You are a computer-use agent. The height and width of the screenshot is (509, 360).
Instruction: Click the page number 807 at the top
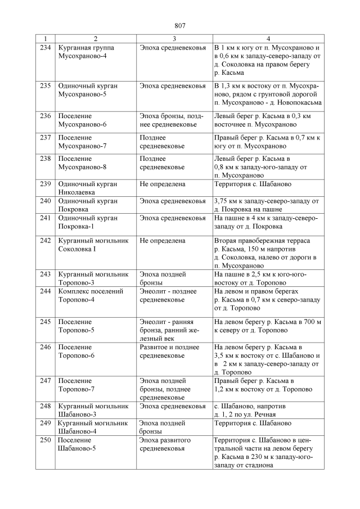point(180,26)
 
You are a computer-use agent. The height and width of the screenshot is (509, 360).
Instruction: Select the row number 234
point(46,48)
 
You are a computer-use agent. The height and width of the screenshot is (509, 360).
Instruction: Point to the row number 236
point(46,115)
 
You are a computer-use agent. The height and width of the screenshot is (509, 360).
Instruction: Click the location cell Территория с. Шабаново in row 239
point(253,184)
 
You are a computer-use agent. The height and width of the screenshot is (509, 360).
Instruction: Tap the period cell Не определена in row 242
point(162,241)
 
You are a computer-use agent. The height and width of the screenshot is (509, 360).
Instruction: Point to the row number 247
point(46,381)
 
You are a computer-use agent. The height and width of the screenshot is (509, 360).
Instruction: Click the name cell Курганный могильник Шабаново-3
point(93,409)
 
